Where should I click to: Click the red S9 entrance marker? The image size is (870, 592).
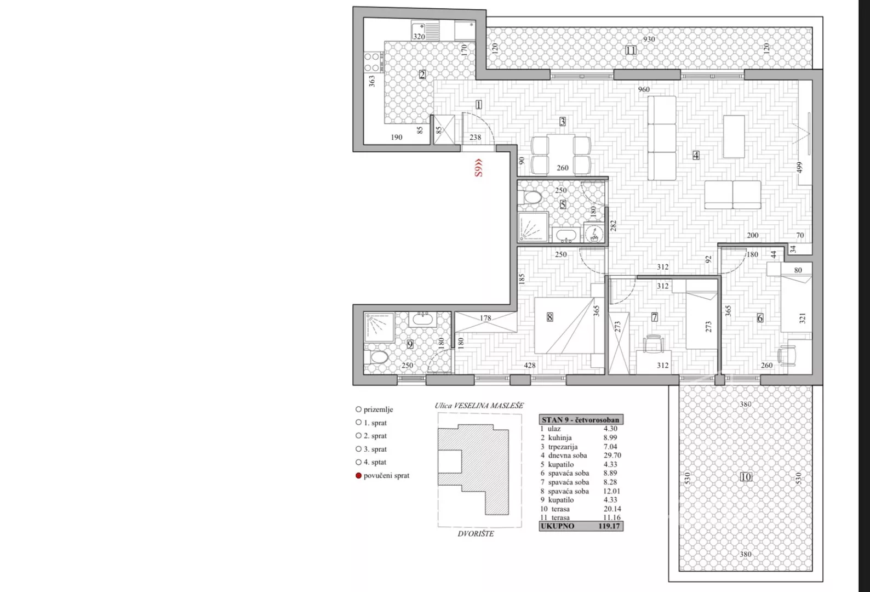click(x=478, y=168)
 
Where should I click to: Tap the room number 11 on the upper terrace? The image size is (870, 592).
click(x=631, y=50)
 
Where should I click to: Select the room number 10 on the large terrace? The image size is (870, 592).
click(x=746, y=477)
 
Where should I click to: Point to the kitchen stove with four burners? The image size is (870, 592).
click(x=373, y=62)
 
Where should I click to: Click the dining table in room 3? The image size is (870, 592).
click(x=561, y=155)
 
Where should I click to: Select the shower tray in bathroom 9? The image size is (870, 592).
click(x=379, y=327)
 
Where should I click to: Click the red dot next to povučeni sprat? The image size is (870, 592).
click(x=358, y=475)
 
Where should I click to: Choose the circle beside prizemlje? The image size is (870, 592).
click(x=358, y=409)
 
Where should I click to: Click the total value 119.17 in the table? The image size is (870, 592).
click(x=609, y=526)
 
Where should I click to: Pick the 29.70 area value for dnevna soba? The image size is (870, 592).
click(x=613, y=455)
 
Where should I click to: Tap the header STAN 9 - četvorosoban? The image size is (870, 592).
click(x=581, y=420)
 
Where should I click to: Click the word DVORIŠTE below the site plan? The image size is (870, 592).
click(x=476, y=534)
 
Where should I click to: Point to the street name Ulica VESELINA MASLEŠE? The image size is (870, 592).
click(x=479, y=406)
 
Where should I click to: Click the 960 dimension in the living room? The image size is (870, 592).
click(x=644, y=89)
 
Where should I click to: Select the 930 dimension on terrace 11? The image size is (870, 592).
click(x=649, y=39)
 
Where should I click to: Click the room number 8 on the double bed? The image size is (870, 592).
click(x=550, y=317)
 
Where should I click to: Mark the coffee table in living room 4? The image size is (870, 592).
click(x=734, y=136)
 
